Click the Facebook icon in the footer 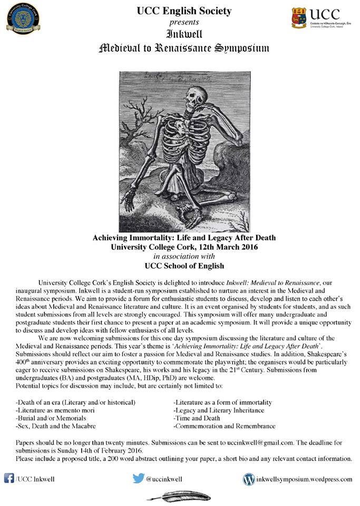coord(8,479)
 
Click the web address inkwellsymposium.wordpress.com coord(304,479)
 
